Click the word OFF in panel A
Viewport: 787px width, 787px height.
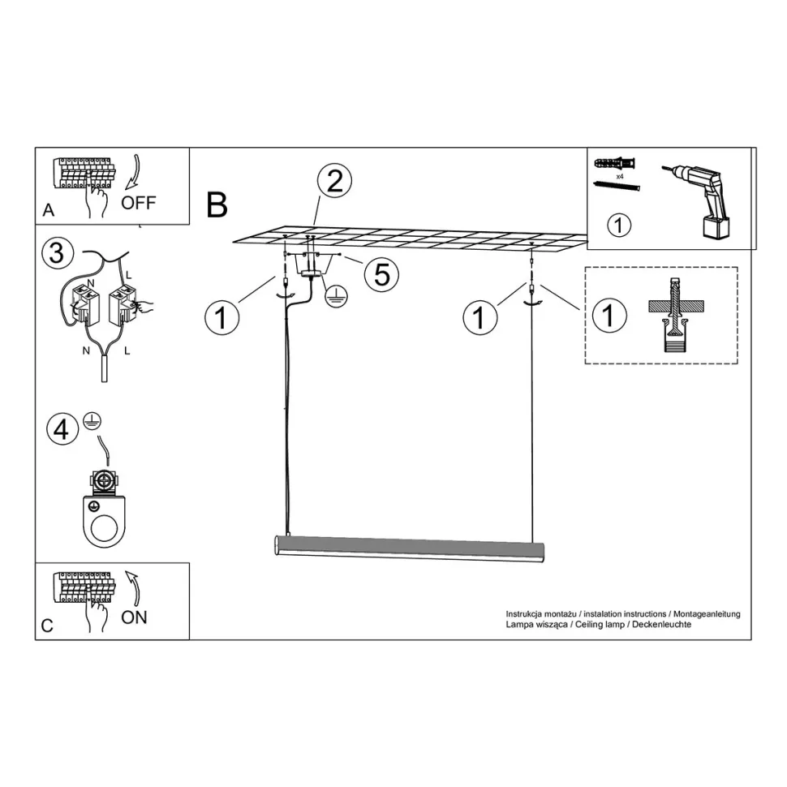tap(139, 203)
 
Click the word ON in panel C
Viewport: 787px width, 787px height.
tap(134, 617)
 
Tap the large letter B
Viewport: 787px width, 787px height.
tap(217, 204)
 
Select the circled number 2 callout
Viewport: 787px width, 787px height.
tap(335, 181)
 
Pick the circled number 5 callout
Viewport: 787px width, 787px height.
tap(382, 274)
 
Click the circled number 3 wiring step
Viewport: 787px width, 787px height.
tap(58, 252)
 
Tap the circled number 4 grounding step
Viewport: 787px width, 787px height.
tap(62, 430)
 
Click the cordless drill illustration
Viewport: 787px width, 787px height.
tap(699, 200)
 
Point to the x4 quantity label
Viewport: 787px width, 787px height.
tap(620, 177)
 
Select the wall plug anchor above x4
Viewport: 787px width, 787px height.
tap(615, 164)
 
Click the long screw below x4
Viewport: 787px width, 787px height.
tap(617, 187)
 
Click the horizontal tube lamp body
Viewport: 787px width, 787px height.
tap(410, 548)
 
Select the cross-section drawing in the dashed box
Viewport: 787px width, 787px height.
tap(676, 315)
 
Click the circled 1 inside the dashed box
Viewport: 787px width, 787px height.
tap(609, 316)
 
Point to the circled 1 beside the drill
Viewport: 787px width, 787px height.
tap(618, 226)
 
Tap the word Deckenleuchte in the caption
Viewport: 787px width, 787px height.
tap(661, 625)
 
